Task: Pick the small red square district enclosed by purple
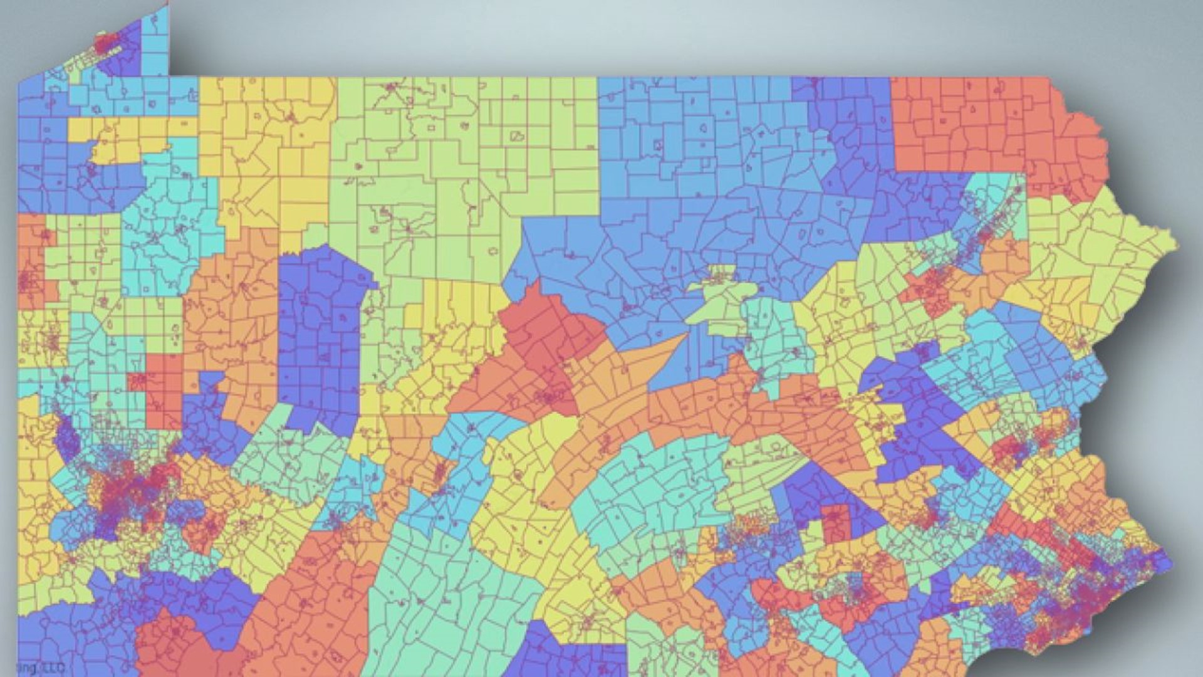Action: (x=836, y=523)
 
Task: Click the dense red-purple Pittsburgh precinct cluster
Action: (x=125, y=489)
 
